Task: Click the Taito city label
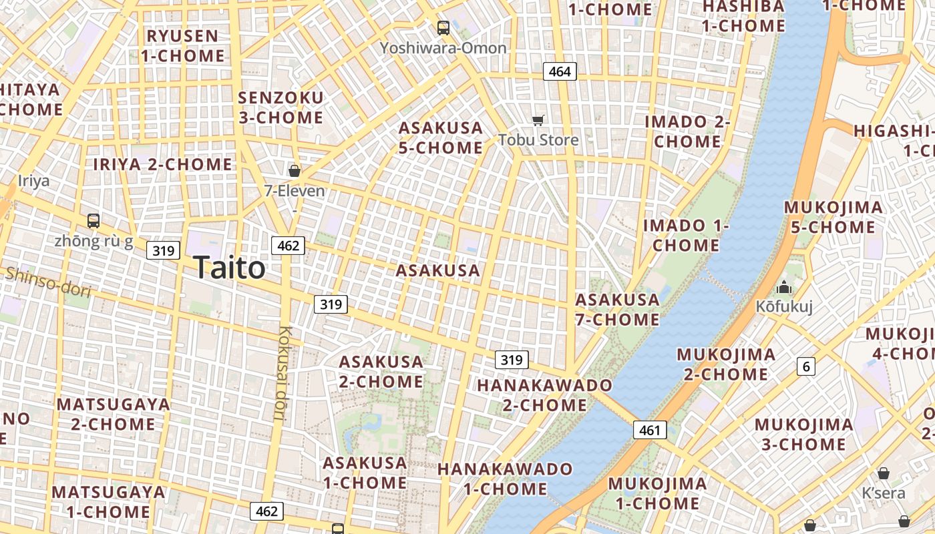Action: click(229, 268)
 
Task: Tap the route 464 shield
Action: click(560, 71)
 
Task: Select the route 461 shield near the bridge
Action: click(650, 430)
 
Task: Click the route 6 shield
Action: click(806, 366)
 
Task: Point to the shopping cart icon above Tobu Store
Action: click(538, 121)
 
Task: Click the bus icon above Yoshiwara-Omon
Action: click(443, 28)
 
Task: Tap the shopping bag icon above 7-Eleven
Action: click(294, 171)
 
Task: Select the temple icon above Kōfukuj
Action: click(783, 288)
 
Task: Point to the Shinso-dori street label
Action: click(47, 281)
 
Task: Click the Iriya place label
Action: click(33, 180)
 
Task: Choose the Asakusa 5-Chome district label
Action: click(441, 138)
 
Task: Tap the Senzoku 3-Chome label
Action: click(280, 107)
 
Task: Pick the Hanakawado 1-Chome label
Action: click(505, 479)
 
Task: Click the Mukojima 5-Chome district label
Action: click(833, 217)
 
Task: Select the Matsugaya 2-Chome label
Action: click(113, 414)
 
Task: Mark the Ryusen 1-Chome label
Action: click(182, 45)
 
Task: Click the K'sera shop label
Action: click(883, 493)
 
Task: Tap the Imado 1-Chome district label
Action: click(686, 235)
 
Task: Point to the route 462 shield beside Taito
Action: click(288, 246)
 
